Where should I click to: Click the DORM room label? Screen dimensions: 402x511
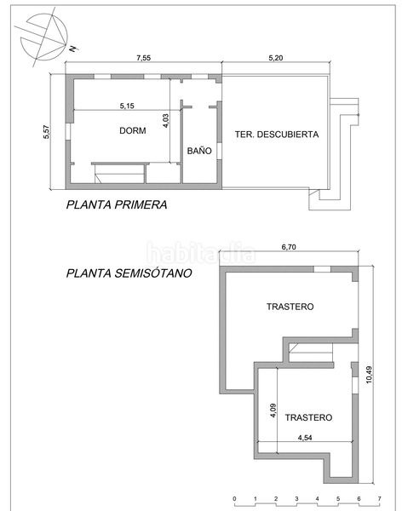132,130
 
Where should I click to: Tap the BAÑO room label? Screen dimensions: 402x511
199,151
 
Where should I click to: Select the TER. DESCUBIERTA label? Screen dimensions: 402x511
277,135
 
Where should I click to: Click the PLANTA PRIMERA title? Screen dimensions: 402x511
117,204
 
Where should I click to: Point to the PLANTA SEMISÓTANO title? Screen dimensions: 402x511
129,273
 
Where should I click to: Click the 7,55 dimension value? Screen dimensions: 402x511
143,58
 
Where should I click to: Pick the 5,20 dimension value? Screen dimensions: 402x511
275,58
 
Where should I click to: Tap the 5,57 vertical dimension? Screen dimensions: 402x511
46,132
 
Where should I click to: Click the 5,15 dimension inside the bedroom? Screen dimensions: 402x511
127,106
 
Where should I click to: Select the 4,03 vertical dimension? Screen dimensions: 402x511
165,121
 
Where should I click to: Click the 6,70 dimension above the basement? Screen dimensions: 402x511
289,247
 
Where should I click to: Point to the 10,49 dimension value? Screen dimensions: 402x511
369,375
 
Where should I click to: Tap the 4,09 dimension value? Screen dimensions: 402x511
273,411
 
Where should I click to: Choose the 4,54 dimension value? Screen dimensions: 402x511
305,438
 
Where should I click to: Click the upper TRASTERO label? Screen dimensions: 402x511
290,307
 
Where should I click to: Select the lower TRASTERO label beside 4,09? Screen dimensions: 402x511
309,417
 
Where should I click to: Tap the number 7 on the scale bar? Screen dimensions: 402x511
380,498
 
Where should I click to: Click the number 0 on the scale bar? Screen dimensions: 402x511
234,498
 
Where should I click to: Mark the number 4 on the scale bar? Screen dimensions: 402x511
317,498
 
